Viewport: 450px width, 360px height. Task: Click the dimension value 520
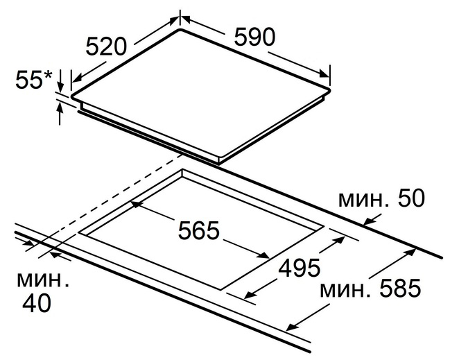(x=106, y=46)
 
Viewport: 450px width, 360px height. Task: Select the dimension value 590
(x=255, y=37)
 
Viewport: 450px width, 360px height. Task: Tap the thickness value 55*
(x=34, y=80)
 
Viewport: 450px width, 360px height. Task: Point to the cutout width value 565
(x=198, y=230)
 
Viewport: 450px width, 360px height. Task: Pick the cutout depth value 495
(x=300, y=268)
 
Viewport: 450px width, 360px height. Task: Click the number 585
(x=401, y=289)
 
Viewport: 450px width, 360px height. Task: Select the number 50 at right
(x=411, y=198)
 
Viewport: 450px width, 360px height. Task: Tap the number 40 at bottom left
(x=37, y=303)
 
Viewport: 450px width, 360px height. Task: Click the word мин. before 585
(x=345, y=290)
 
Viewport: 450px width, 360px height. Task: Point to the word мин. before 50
(x=363, y=200)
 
